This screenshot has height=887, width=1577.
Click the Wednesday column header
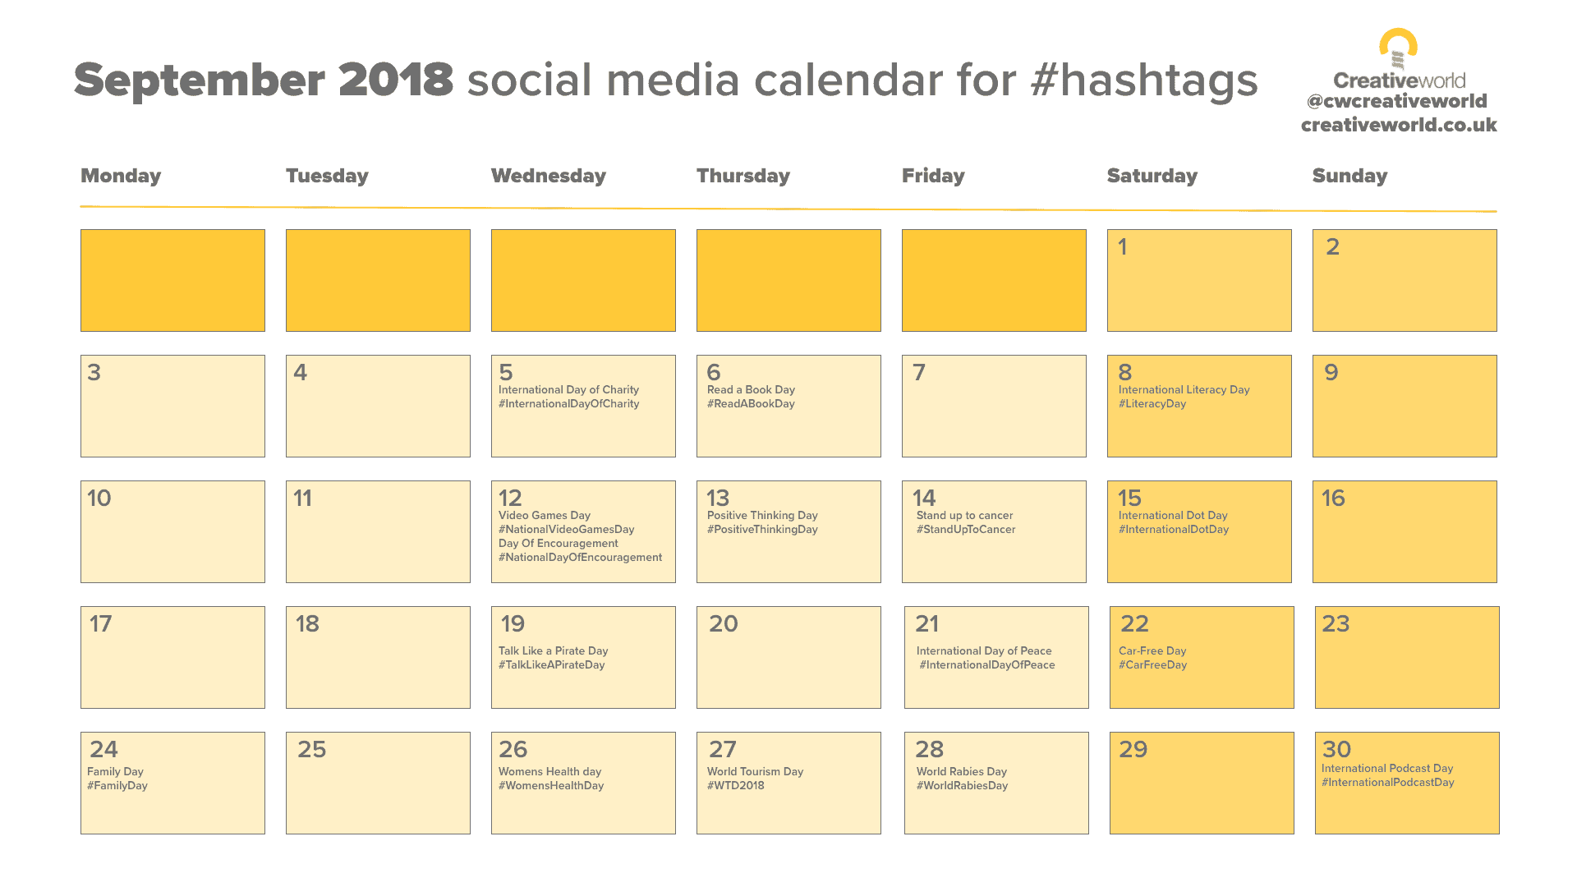pos(548,176)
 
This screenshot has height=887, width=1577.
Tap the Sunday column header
pos(1349,176)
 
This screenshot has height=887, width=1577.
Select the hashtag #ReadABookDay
pos(751,404)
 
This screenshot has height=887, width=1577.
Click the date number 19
pos(513,624)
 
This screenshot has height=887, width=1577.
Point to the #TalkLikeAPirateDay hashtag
pos(551,665)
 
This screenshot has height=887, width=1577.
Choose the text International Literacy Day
pos(1184,390)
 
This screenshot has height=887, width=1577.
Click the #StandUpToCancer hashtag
pos(966,530)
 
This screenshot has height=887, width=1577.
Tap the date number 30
pos(1336,749)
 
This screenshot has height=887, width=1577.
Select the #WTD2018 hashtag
pos(735,786)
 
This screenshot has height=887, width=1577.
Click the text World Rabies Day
pos(961,772)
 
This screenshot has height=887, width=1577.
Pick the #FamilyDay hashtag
pos(117,786)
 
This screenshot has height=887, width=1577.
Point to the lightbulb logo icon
pos(1398,48)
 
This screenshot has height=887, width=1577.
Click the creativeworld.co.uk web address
pos(1399,125)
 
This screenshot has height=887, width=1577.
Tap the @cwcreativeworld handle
pos(1396,101)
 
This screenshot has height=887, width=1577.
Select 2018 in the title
pos(395,80)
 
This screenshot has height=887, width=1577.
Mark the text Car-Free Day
pos(1152,651)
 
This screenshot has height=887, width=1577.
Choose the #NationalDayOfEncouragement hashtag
pos(580,558)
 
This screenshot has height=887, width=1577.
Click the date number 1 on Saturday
pos(1123,246)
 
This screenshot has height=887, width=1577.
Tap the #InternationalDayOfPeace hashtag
pos(987,665)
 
